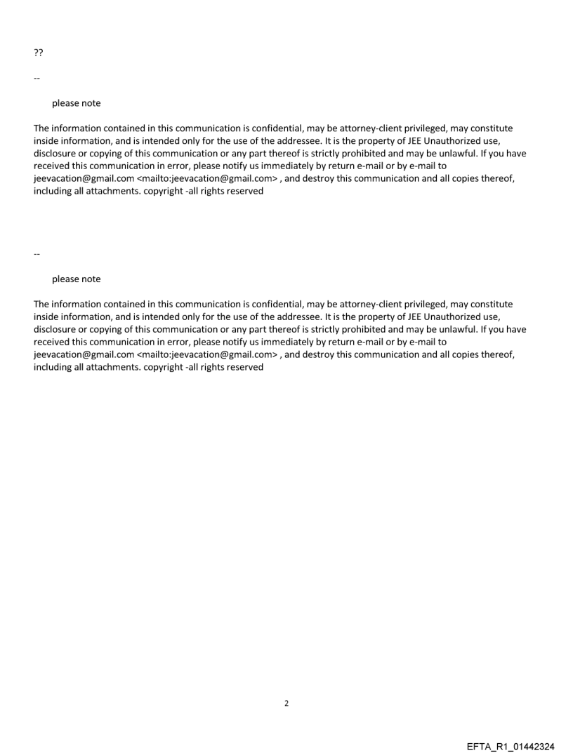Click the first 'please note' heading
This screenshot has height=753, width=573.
(76, 103)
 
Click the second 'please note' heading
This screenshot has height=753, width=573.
(76, 279)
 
